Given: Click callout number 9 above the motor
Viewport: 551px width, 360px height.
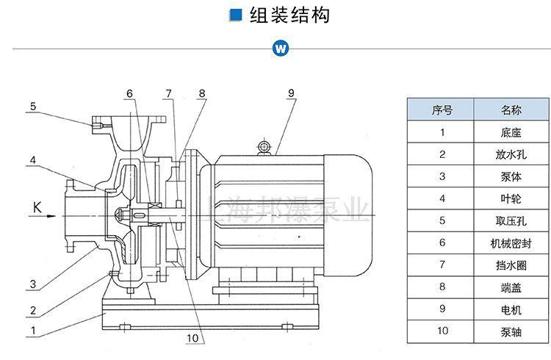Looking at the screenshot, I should [x=291, y=93].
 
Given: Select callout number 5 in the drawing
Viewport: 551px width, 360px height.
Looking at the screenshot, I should [x=32, y=107].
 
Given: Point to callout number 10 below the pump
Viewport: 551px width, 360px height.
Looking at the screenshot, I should [x=192, y=338].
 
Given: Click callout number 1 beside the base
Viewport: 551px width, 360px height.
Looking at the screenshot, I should [x=32, y=331].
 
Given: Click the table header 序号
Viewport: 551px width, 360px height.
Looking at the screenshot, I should [x=442, y=110].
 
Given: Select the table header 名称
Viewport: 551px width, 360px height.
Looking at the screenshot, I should [x=511, y=110].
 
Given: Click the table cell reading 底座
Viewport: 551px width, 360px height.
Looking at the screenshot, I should [x=511, y=132].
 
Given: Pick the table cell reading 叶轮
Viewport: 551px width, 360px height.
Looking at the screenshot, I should [x=511, y=198].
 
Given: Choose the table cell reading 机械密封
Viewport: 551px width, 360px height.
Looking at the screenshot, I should [x=511, y=242].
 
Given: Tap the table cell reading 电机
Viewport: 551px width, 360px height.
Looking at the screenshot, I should [x=511, y=309].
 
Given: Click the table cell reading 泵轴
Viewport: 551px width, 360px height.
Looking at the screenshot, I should [x=511, y=331].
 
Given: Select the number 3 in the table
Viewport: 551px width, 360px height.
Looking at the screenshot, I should [x=442, y=176].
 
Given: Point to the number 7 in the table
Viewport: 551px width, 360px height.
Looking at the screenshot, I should [x=442, y=264].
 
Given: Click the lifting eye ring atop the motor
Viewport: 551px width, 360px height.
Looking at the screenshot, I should [x=263, y=148].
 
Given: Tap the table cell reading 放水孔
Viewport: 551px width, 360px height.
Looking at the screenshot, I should [x=511, y=154].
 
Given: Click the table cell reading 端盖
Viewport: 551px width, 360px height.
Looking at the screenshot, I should [x=511, y=287].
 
